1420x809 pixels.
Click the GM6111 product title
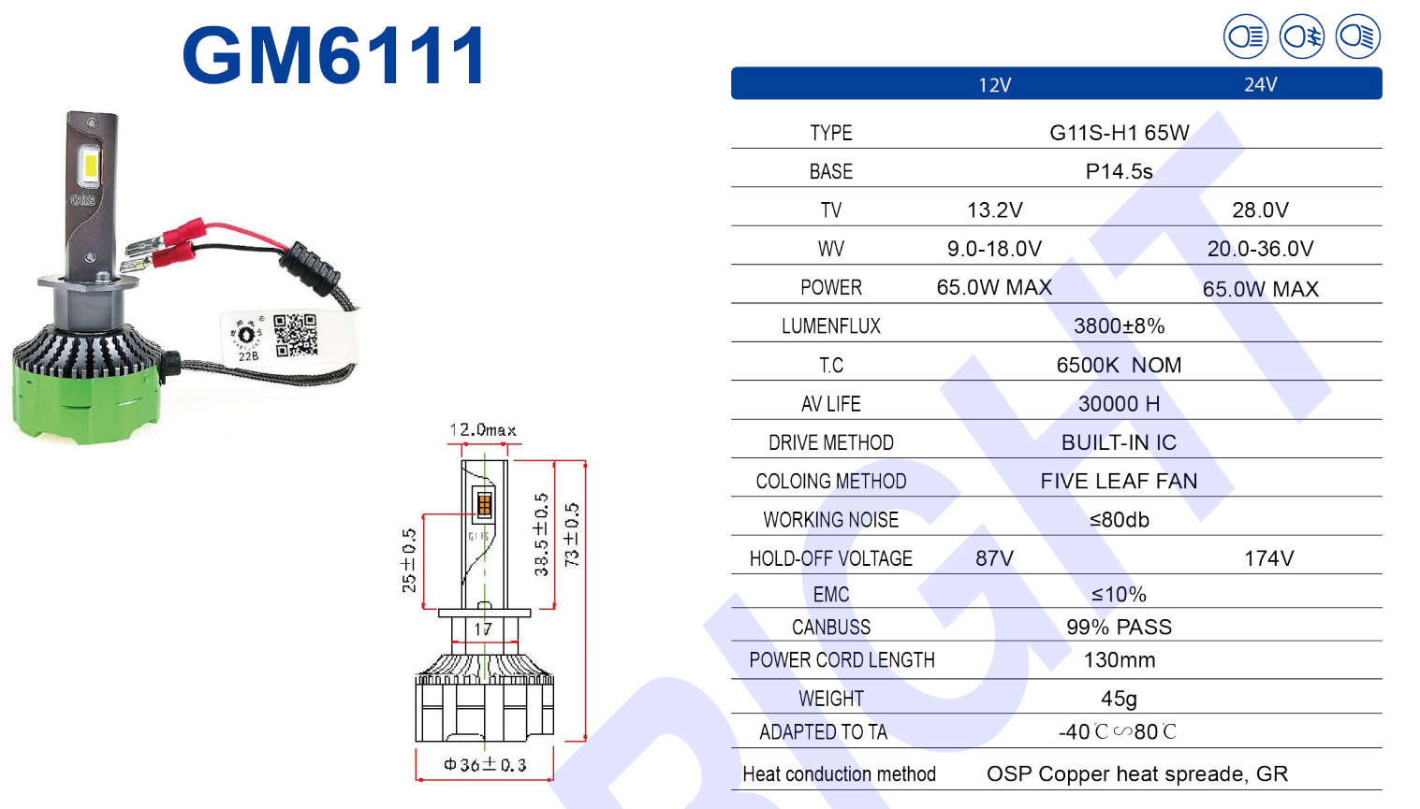(334, 55)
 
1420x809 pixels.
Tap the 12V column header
(995, 85)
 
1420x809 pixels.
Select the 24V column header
(1260, 84)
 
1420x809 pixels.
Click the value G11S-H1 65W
(1119, 133)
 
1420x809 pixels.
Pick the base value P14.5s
(1119, 172)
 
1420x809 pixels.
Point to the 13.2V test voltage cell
(995, 210)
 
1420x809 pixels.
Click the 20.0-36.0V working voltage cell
(1260, 249)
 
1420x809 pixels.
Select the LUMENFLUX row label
(830, 326)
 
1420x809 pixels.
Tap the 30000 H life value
(1119, 403)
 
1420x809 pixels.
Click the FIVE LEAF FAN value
(1119, 482)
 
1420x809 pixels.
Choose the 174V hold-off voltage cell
(1268, 558)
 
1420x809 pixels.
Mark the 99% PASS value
(1119, 628)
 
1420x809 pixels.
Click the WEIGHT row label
(830, 699)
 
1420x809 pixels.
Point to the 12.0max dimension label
(483, 430)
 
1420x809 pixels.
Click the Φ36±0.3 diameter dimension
(485, 765)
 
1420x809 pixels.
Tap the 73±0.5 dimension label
(572, 535)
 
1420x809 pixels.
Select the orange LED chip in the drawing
(484, 505)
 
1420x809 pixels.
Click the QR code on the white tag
(296, 335)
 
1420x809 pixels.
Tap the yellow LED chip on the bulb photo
(91, 166)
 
